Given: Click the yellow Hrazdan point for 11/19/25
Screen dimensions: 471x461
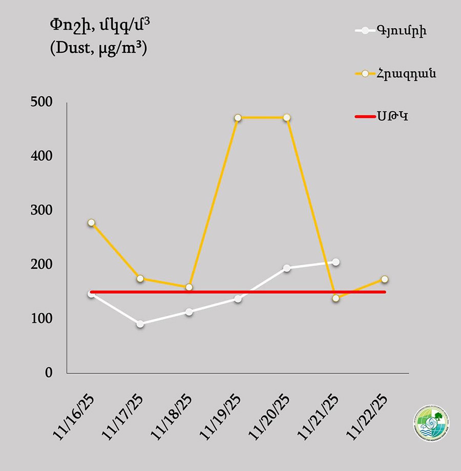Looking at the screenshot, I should pos(238,118).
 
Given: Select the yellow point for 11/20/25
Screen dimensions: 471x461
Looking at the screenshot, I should pos(287,118).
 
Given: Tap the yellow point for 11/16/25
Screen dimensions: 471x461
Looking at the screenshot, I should pos(91,223).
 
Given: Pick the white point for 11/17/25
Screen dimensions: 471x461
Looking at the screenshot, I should pos(140,324).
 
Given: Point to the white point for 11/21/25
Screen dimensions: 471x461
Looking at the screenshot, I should pos(336,262).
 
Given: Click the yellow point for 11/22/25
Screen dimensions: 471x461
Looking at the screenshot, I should pos(385,279).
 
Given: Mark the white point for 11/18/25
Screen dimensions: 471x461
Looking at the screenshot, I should pos(189,312).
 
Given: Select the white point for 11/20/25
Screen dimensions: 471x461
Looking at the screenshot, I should pos(287,268).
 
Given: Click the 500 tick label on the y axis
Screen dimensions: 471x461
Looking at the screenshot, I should pos(41,102).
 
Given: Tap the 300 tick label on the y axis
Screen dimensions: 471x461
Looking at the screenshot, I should pos(41,210).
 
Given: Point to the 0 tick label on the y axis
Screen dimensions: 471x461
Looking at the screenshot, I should pos(49,373).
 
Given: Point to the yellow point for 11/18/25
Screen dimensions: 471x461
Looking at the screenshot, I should pos(189,287).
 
